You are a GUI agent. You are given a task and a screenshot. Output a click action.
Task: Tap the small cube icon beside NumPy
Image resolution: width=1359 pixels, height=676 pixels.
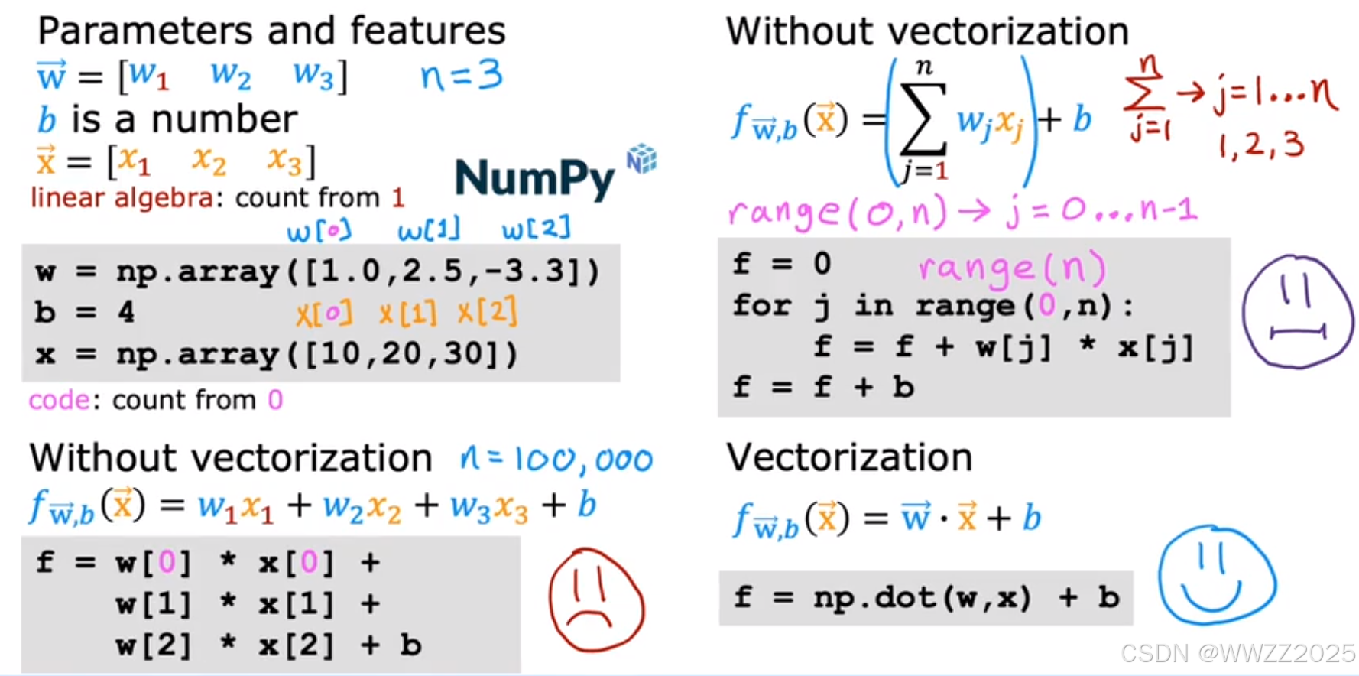point(642,158)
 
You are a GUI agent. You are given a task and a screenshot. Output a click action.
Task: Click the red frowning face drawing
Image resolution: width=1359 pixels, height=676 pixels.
point(596,600)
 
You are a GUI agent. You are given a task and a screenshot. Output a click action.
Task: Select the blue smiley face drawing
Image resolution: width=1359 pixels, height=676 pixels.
point(1216,575)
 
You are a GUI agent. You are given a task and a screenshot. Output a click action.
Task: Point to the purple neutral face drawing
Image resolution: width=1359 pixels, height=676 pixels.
point(1298,311)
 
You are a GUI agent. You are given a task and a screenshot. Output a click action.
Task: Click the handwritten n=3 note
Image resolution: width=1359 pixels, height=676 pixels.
point(461,76)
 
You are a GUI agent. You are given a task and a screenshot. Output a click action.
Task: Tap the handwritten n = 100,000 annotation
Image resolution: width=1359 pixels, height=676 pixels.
point(556,459)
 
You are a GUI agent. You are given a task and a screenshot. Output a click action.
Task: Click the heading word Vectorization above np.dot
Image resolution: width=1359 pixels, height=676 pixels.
point(849,457)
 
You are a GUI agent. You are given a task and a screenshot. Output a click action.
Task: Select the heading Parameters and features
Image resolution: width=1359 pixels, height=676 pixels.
point(271,31)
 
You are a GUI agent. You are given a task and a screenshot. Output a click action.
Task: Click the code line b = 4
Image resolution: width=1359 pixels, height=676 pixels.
point(84,312)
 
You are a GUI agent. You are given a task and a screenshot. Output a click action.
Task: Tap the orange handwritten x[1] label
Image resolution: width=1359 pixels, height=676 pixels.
point(407,313)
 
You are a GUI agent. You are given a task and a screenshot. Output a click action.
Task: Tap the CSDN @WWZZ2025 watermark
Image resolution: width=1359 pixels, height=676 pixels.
point(1237,652)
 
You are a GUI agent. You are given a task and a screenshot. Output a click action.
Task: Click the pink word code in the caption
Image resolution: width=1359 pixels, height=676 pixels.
point(59,400)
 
